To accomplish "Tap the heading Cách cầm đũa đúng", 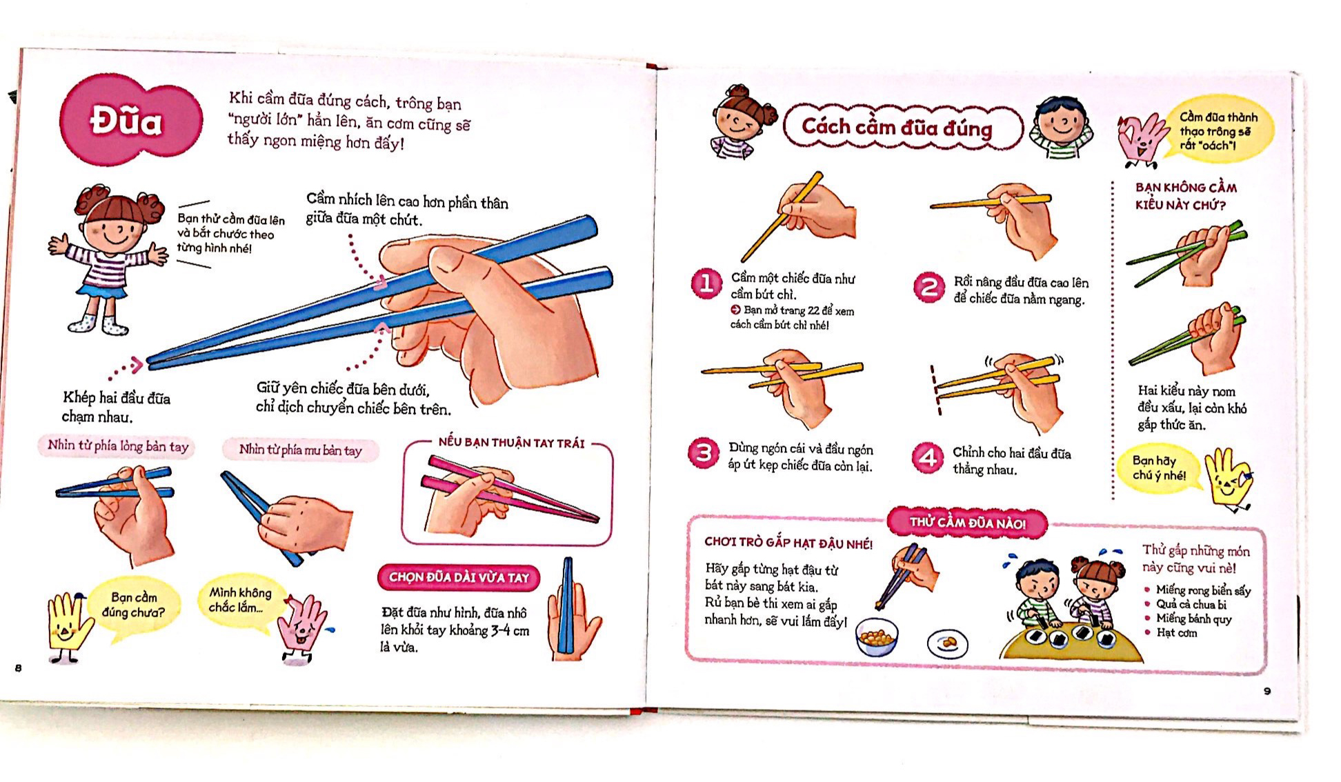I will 897,127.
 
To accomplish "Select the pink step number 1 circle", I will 706,284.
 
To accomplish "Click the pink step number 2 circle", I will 928,288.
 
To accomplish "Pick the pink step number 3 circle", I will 704,453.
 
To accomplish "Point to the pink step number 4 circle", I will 928,458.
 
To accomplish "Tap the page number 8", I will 19,668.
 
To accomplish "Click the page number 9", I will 1266,691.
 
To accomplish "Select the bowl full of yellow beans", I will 877,638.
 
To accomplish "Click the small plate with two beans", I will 948,643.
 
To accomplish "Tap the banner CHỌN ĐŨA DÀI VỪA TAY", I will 459,577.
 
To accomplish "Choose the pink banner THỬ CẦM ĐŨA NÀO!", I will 967,523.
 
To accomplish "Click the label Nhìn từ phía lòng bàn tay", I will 117,446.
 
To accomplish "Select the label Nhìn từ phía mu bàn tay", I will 300,450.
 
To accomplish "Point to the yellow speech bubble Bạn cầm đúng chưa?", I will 134,605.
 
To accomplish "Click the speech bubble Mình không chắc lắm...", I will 240,600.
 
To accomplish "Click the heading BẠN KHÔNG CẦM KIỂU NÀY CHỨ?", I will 1185,196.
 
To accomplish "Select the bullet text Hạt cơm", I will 1176,632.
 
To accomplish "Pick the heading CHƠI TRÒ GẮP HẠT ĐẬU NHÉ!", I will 788,543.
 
